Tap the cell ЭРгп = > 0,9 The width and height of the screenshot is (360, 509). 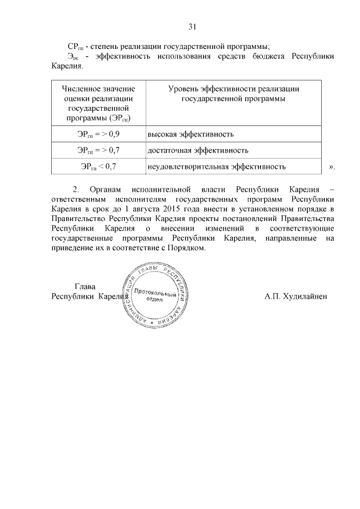(x=98, y=134)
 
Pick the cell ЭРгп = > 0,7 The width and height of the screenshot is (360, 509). (x=98, y=150)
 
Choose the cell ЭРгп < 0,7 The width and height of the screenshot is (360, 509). (x=98, y=166)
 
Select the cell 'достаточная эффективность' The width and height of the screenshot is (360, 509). (x=197, y=150)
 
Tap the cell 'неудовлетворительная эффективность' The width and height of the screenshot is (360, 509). (x=217, y=166)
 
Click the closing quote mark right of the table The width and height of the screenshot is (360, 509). (x=331, y=167)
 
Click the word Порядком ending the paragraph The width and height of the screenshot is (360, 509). (x=189, y=249)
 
